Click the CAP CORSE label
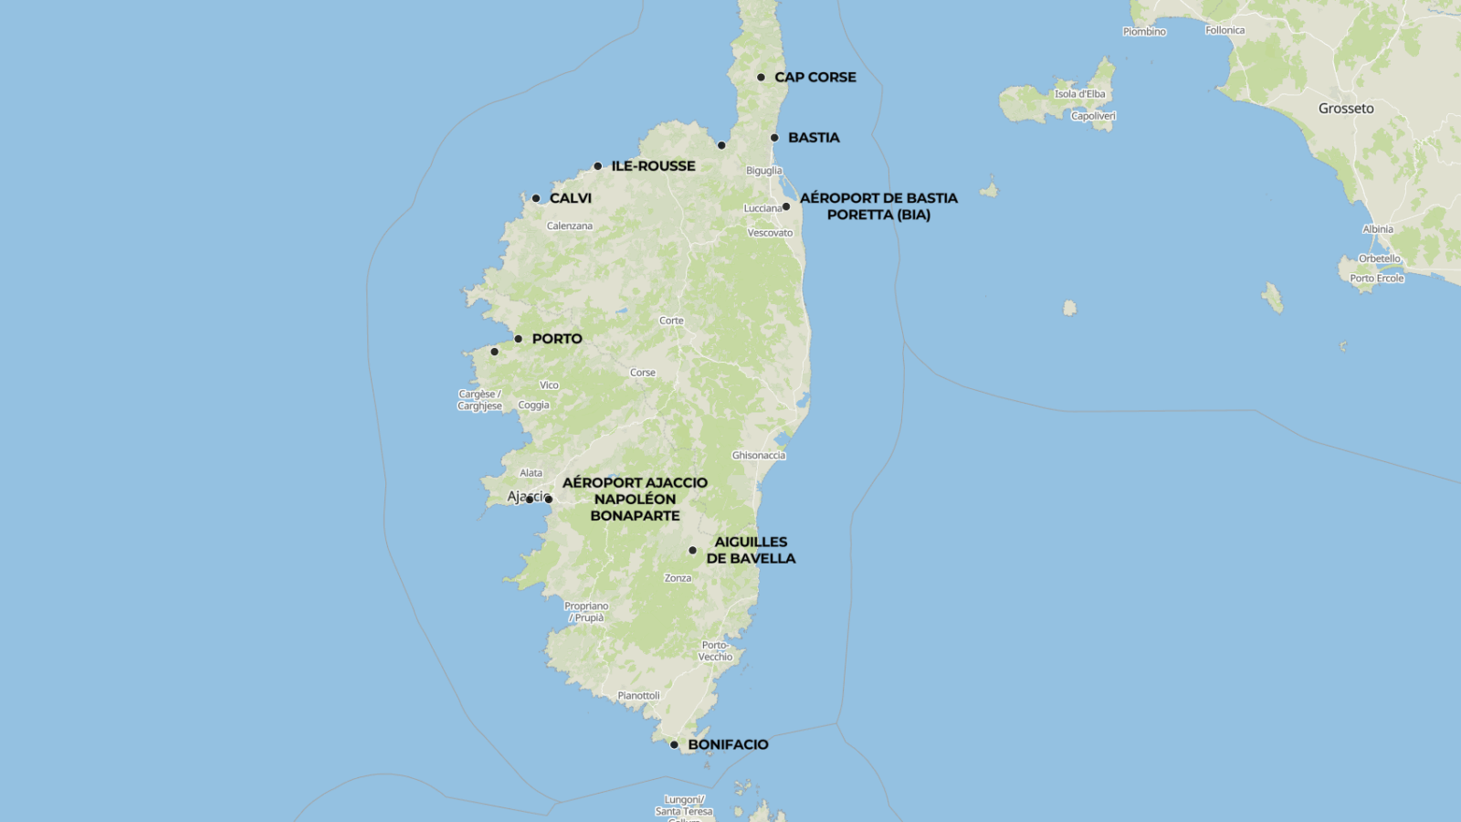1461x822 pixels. click(815, 78)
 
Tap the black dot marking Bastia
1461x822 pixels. click(774, 138)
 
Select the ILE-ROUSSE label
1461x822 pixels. click(653, 166)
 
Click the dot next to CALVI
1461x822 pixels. click(536, 198)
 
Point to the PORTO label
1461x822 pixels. click(557, 339)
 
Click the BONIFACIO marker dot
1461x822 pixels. click(674, 744)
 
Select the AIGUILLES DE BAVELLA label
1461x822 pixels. click(751, 550)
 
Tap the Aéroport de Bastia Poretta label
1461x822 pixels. click(878, 206)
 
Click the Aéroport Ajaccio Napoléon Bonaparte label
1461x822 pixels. click(635, 499)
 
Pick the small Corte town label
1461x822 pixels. click(671, 321)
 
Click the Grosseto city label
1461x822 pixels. click(1346, 109)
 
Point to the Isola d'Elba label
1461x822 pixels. click(1079, 94)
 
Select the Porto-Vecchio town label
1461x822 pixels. click(715, 651)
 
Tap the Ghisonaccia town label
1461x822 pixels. click(758, 455)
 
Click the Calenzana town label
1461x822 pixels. click(569, 226)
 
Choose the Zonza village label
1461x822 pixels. click(678, 578)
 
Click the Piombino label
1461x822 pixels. click(1144, 32)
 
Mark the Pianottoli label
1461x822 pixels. click(638, 696)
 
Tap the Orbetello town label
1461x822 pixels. click(1379, 258)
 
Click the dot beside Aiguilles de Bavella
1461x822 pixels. click(692, 551)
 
